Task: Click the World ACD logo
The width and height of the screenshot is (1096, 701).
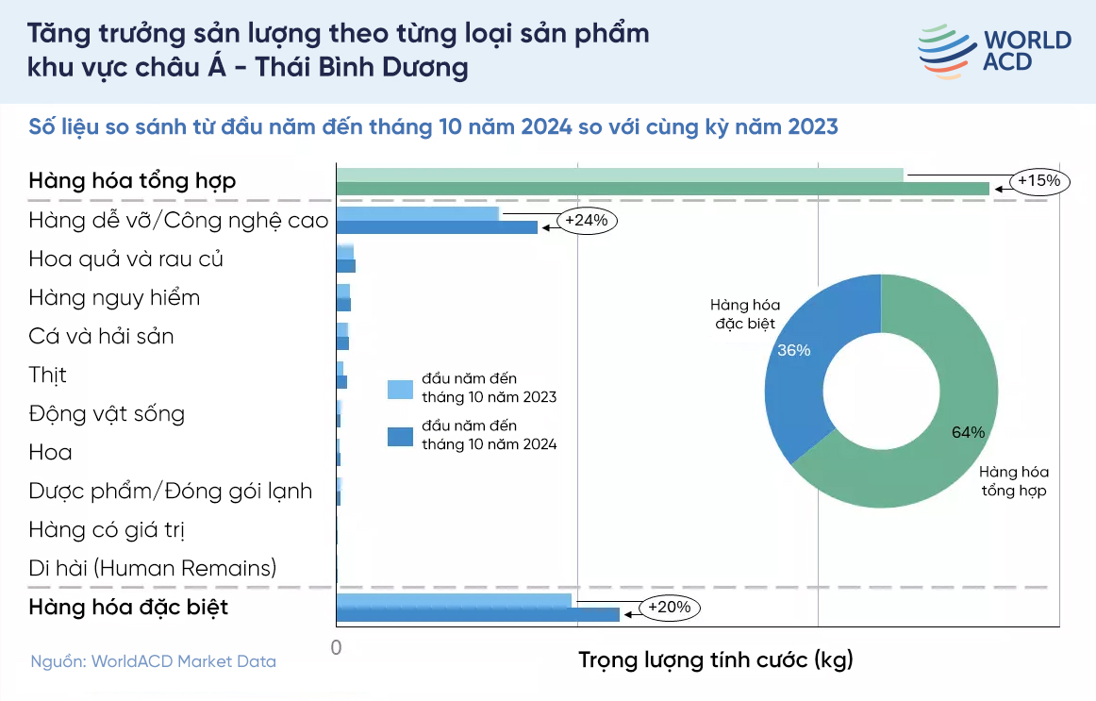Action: tap(993, 51)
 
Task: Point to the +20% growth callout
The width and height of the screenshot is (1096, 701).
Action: tap(670, 608)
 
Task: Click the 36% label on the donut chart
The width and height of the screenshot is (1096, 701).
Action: tap(793, 350)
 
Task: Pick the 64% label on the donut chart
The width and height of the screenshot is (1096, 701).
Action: tap(968, 432)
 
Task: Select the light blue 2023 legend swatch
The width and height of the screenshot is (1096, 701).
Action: tap(400, 389)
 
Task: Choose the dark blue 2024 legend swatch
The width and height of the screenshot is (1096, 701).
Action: tap(400, 436)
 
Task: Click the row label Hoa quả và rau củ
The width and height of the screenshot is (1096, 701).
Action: tap(126, 259)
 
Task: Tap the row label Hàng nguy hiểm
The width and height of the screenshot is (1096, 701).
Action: tap(114, 298)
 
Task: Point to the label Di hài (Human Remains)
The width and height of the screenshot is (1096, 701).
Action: tap(153, 568)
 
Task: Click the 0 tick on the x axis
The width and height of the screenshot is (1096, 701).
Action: tap(336, 648)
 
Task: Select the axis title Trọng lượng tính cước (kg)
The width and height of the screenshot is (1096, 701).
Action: tap(715, 659)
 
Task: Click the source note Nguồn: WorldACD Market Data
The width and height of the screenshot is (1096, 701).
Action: tap(153, 661)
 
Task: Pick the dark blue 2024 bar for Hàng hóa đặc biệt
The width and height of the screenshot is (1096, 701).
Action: tap(477, 615)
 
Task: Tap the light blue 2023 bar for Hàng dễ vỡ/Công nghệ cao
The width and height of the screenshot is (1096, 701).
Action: tap(417, 214)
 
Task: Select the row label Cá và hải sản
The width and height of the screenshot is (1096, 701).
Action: tap(101, 337)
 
